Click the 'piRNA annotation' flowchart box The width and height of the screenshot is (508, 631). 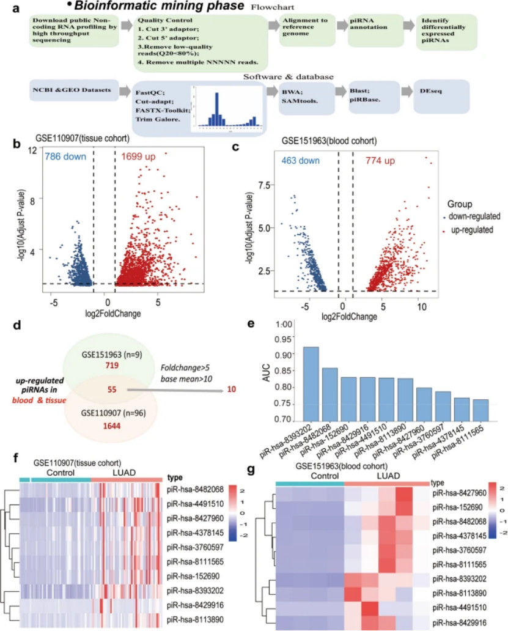371,29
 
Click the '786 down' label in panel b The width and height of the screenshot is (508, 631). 65,157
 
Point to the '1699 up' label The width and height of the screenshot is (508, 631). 139,157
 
